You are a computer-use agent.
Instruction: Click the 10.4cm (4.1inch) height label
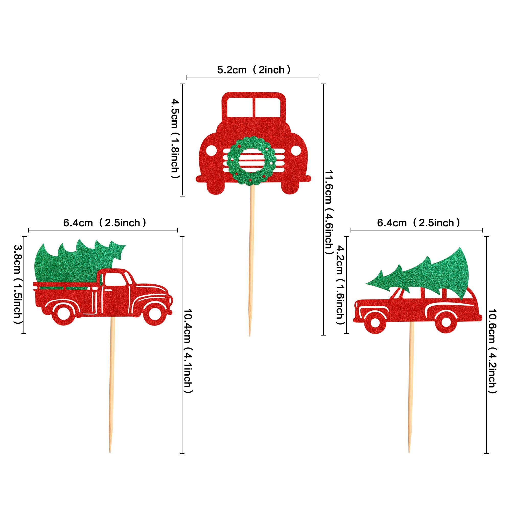(x=188, y=351)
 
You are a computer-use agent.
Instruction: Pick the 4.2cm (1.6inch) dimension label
(x=340, y=285)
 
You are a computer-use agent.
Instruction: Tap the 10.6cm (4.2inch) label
(x=492, y=351)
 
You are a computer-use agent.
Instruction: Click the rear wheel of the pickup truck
(x=63, y=314)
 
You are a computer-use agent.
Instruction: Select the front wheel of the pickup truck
(x=155, y=314)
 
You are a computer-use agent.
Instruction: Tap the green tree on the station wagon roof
(x=428, y=275)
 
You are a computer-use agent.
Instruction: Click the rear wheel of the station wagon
(x=446, y=322)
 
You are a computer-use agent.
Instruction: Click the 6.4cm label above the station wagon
(x=419, y=223)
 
